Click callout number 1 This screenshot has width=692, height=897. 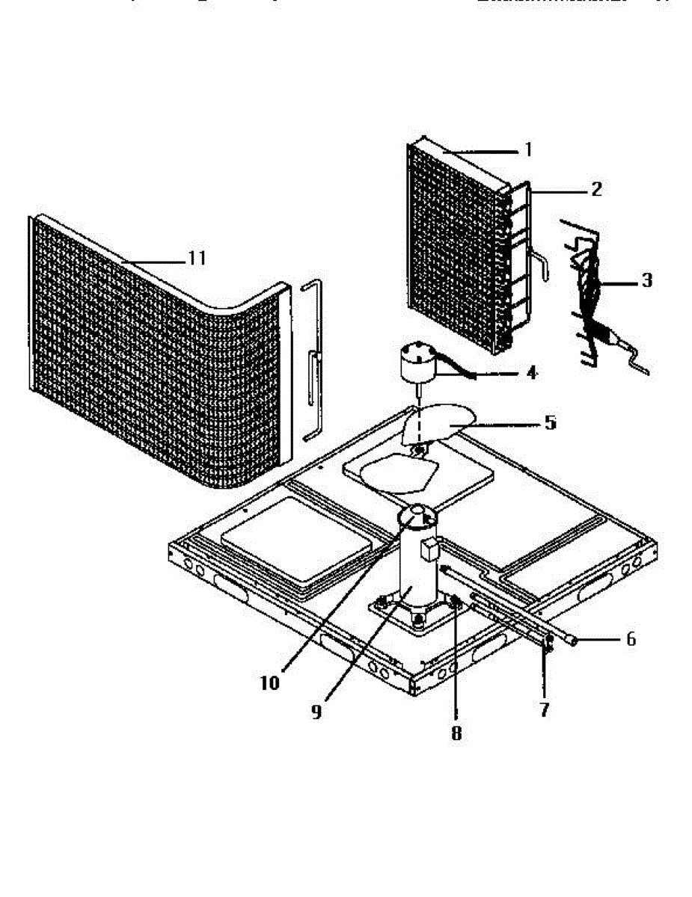(528, 149)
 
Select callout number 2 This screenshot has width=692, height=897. (595, 189)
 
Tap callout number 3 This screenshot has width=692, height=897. (646, 280)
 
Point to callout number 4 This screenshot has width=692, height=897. (531, 371)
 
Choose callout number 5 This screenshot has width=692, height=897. (550, 422)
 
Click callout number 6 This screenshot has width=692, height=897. (630, 639)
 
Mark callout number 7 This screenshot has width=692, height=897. (544, 709)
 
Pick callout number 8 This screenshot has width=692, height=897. (456, 733)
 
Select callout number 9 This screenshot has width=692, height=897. (316, 712)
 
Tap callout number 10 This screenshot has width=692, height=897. (269, 682)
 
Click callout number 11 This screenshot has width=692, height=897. (196, 259)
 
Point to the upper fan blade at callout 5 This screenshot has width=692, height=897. (438, 423)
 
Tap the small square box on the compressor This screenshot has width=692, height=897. (429, 549)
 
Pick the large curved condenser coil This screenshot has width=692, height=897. (150, 351)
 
